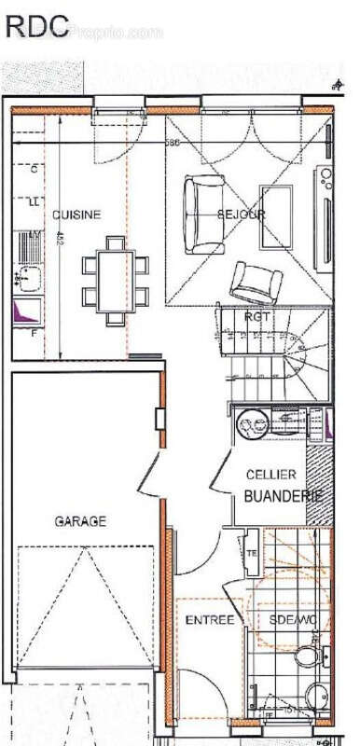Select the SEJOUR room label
pos(242,214)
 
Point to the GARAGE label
pos(79,521)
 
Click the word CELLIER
pos(271,476)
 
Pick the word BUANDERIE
pos(283,496)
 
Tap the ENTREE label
pos(210,620)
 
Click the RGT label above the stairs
pos(257,317)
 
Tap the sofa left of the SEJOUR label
pos(201,214)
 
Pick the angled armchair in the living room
pos(254,282)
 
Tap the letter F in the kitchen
pos(34,332)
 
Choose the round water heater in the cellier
pos(251,426)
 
